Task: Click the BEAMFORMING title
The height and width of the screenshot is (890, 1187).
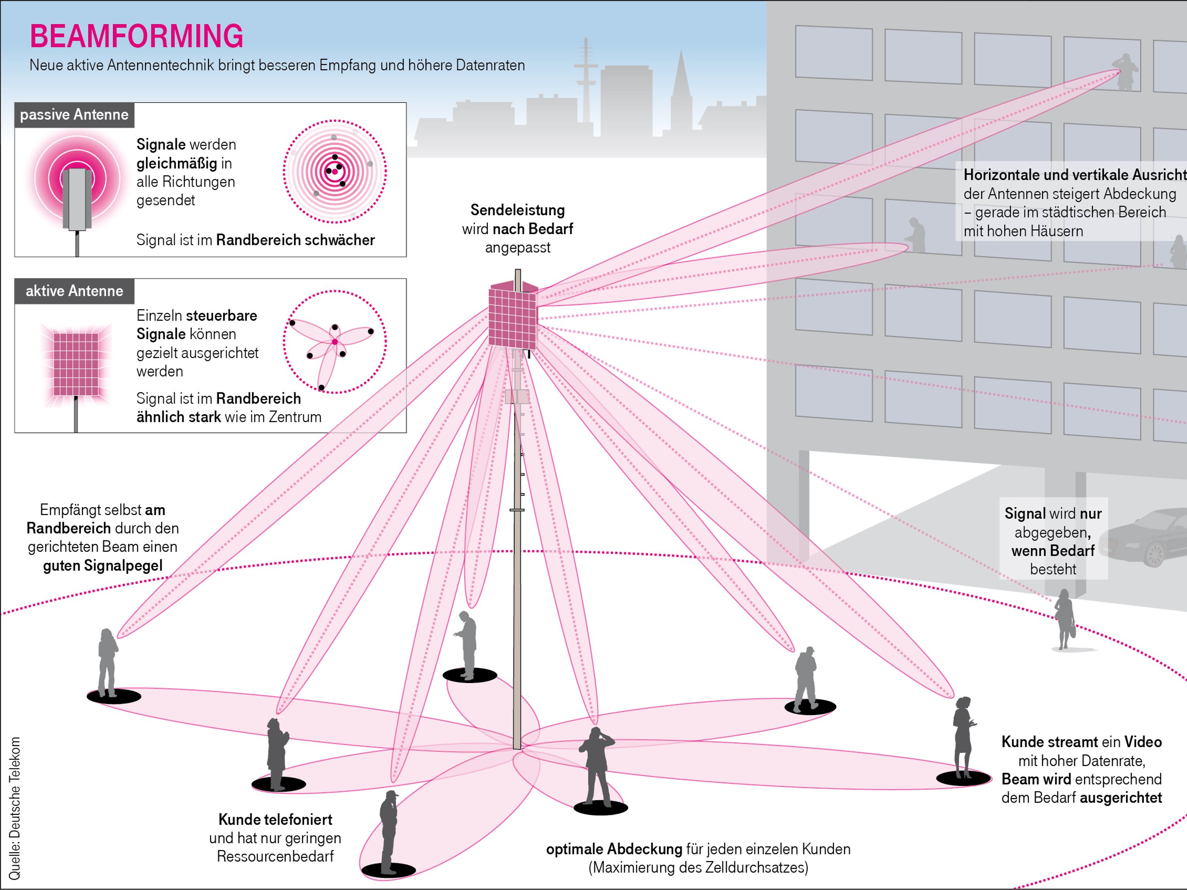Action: click(136, 36)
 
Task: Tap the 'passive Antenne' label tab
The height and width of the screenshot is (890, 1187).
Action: click(74, 115)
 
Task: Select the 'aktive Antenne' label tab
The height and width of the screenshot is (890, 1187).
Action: click(74, 291)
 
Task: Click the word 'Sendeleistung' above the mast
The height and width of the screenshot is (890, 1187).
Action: click(517, 210)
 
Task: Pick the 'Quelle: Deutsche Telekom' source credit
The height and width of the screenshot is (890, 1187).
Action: click(15, 808)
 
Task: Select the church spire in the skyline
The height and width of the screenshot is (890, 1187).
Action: click(681, 86)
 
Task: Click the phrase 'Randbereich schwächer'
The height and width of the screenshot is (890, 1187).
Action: click(295, 240)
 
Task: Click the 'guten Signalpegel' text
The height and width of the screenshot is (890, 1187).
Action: click(102, 565)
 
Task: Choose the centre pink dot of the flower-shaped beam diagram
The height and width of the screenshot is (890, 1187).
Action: click(335, 342)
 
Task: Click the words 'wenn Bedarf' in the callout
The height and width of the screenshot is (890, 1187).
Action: click(1053, 551)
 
